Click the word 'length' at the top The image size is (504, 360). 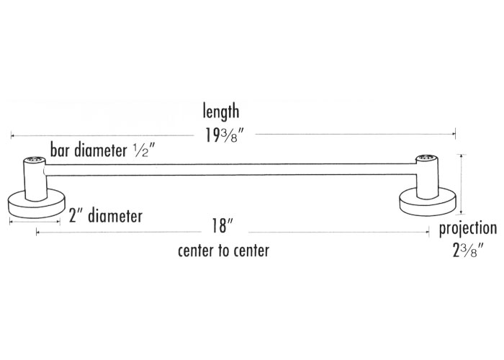(x=221, y=112)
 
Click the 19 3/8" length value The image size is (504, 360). (x=221, y=133)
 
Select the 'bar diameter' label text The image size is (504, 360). (x=89, y=150)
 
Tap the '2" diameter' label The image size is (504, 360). (x=105, y=216)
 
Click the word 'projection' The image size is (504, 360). (x=468, y=230)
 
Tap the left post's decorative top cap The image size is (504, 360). (x=34, y=159)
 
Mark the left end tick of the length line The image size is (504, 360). (x=11, y=135)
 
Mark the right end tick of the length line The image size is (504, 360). (x=454, y=133)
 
